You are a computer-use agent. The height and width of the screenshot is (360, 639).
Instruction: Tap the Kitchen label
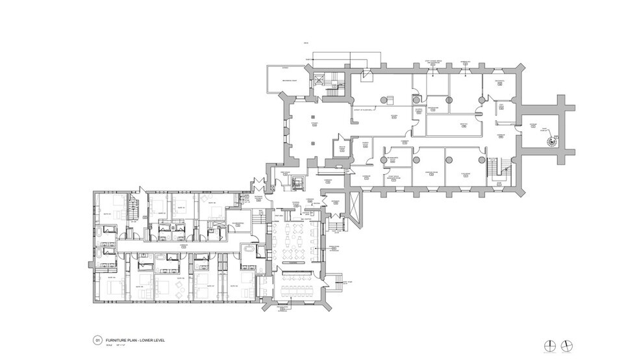pos(394,117)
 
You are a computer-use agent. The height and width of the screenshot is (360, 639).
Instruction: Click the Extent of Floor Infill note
pos(365,110)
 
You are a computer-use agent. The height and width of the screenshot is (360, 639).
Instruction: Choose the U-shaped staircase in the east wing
pos(497,170)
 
